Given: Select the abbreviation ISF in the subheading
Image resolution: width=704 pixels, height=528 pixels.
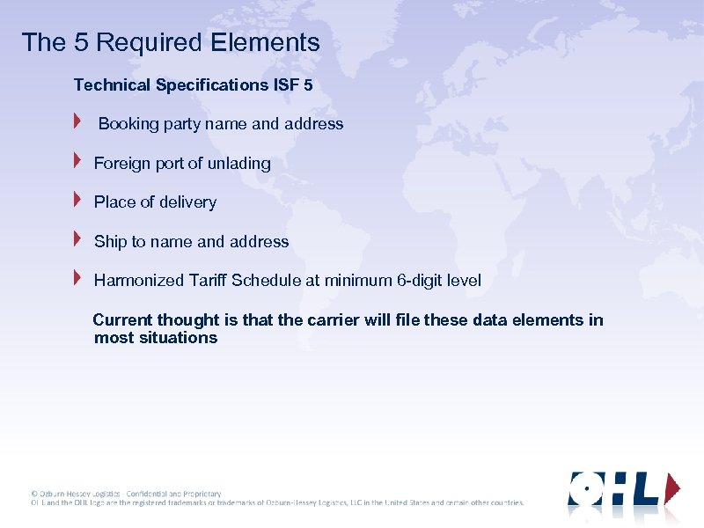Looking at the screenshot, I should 285,85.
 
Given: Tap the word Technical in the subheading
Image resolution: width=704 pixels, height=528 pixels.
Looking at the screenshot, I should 113,85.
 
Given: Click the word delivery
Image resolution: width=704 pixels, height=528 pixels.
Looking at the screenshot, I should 187,202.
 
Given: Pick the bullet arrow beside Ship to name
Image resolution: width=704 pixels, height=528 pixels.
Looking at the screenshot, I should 77,238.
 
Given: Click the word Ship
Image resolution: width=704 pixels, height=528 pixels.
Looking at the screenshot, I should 110,242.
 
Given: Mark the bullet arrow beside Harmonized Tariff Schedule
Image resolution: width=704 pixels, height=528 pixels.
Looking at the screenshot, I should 77,278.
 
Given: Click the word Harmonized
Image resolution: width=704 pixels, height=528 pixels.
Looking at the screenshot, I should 139,281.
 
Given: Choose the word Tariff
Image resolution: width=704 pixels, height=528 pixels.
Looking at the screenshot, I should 208,281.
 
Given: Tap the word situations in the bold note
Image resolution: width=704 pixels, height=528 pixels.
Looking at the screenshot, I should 179,338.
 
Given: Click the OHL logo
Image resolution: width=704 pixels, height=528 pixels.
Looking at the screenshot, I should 624,490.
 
